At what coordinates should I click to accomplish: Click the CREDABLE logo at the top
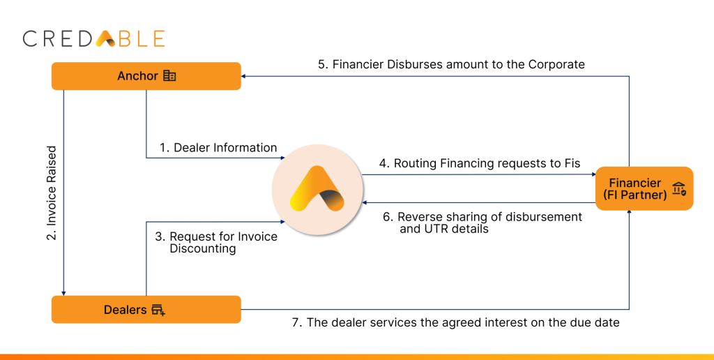(93, 38)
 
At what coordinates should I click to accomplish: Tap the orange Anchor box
(146, 76)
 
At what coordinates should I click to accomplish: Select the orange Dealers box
(146, 309)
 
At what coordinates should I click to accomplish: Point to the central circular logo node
(317, 189)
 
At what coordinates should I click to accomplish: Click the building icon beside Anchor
(169, 76)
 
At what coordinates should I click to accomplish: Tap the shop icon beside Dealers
(158, 310)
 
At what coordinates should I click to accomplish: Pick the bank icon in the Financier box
(678, 188)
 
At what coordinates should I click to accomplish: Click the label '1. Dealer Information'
(218, 148)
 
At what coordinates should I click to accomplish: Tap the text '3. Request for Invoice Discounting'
(216, 242)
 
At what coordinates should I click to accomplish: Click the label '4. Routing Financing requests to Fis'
(480, 163)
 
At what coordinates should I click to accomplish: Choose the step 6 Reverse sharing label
(482, 223)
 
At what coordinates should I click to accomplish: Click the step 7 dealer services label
(455, 322)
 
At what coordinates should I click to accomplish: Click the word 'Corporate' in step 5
(556, 64)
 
